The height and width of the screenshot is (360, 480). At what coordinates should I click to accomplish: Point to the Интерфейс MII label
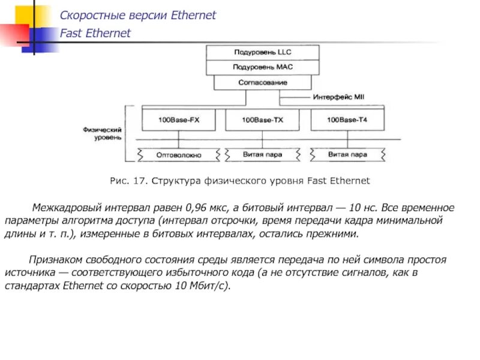point(338,96)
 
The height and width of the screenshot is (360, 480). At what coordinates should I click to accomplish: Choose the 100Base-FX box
point(179,120)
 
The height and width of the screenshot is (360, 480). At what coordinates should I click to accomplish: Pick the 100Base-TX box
point(262,120)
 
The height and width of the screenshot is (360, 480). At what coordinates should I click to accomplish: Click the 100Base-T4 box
point(347,120)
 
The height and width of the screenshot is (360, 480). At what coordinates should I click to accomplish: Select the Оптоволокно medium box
point(179,155)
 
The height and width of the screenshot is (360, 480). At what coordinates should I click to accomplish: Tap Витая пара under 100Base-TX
point(262,154)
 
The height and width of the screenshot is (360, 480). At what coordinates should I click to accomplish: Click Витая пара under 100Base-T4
point(347,154)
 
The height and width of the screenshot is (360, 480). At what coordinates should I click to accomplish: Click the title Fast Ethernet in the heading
point(95,34)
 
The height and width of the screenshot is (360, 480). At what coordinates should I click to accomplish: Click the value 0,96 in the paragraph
point(198,208)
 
